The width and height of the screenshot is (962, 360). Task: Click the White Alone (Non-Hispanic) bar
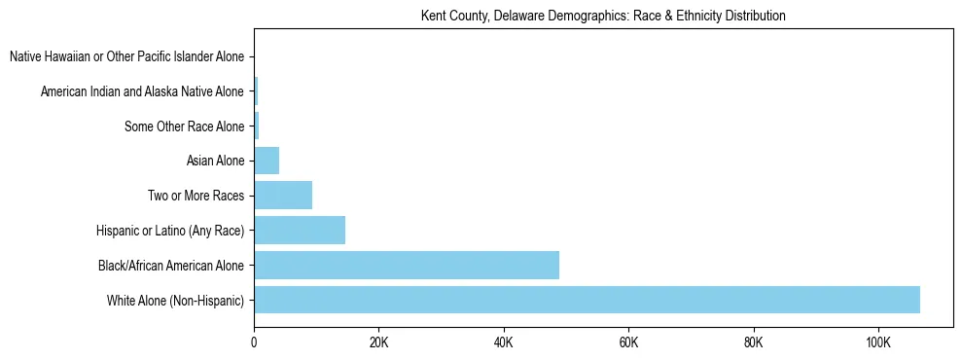coord(587,300)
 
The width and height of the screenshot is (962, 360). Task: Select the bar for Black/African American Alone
coord(407,265)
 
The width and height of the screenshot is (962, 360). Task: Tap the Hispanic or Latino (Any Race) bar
coord(300,230)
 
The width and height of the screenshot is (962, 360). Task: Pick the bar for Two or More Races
coord(283,195)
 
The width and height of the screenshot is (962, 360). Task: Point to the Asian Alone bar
coord(267,161)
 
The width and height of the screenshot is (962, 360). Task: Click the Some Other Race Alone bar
coord(257,126)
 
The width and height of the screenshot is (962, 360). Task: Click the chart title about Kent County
coord(603,16)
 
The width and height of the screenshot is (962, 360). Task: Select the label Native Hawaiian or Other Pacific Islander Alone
coord(126,56)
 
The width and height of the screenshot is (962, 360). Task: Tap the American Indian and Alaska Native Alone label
coord(142,91)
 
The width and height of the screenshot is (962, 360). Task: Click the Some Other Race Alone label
coord(185,126)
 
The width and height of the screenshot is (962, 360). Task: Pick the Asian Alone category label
coord(215,161)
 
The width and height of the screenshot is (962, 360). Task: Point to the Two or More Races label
coord(196,196)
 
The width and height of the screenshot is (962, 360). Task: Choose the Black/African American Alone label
coord(171,265)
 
